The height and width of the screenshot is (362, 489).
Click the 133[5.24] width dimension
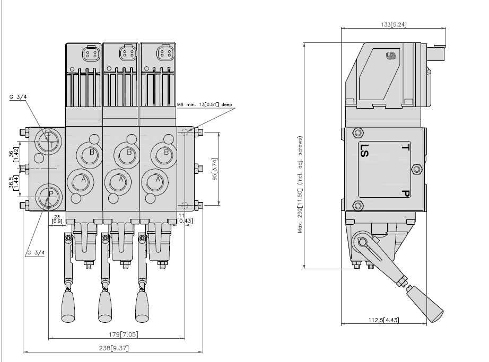pyautogui.click(x=394, y=24)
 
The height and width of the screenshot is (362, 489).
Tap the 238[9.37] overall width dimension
pyautogui.click(x=113, y=348)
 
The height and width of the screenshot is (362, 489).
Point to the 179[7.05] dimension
pyautogui.click(x=116, y=334)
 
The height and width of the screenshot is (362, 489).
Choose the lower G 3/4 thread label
pyautogui.click(x=35, y=252)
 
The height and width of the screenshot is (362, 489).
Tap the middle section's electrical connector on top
pyautogui.click(x=121, y=54)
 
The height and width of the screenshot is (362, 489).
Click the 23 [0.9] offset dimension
pyautogui.click(x=57, y=219)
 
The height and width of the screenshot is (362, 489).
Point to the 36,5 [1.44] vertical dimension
pyautogui.click(x=15, y=183)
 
